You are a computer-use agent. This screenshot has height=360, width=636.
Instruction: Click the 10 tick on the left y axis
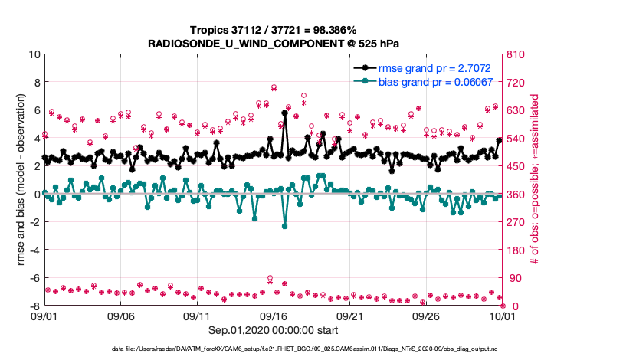34,55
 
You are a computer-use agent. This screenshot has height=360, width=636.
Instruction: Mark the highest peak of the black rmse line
284,113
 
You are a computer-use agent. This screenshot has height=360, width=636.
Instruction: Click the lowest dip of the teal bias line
284,226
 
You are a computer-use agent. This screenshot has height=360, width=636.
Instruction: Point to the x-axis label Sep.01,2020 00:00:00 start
273,330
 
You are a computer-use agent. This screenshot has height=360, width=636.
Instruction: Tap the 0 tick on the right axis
510,306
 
